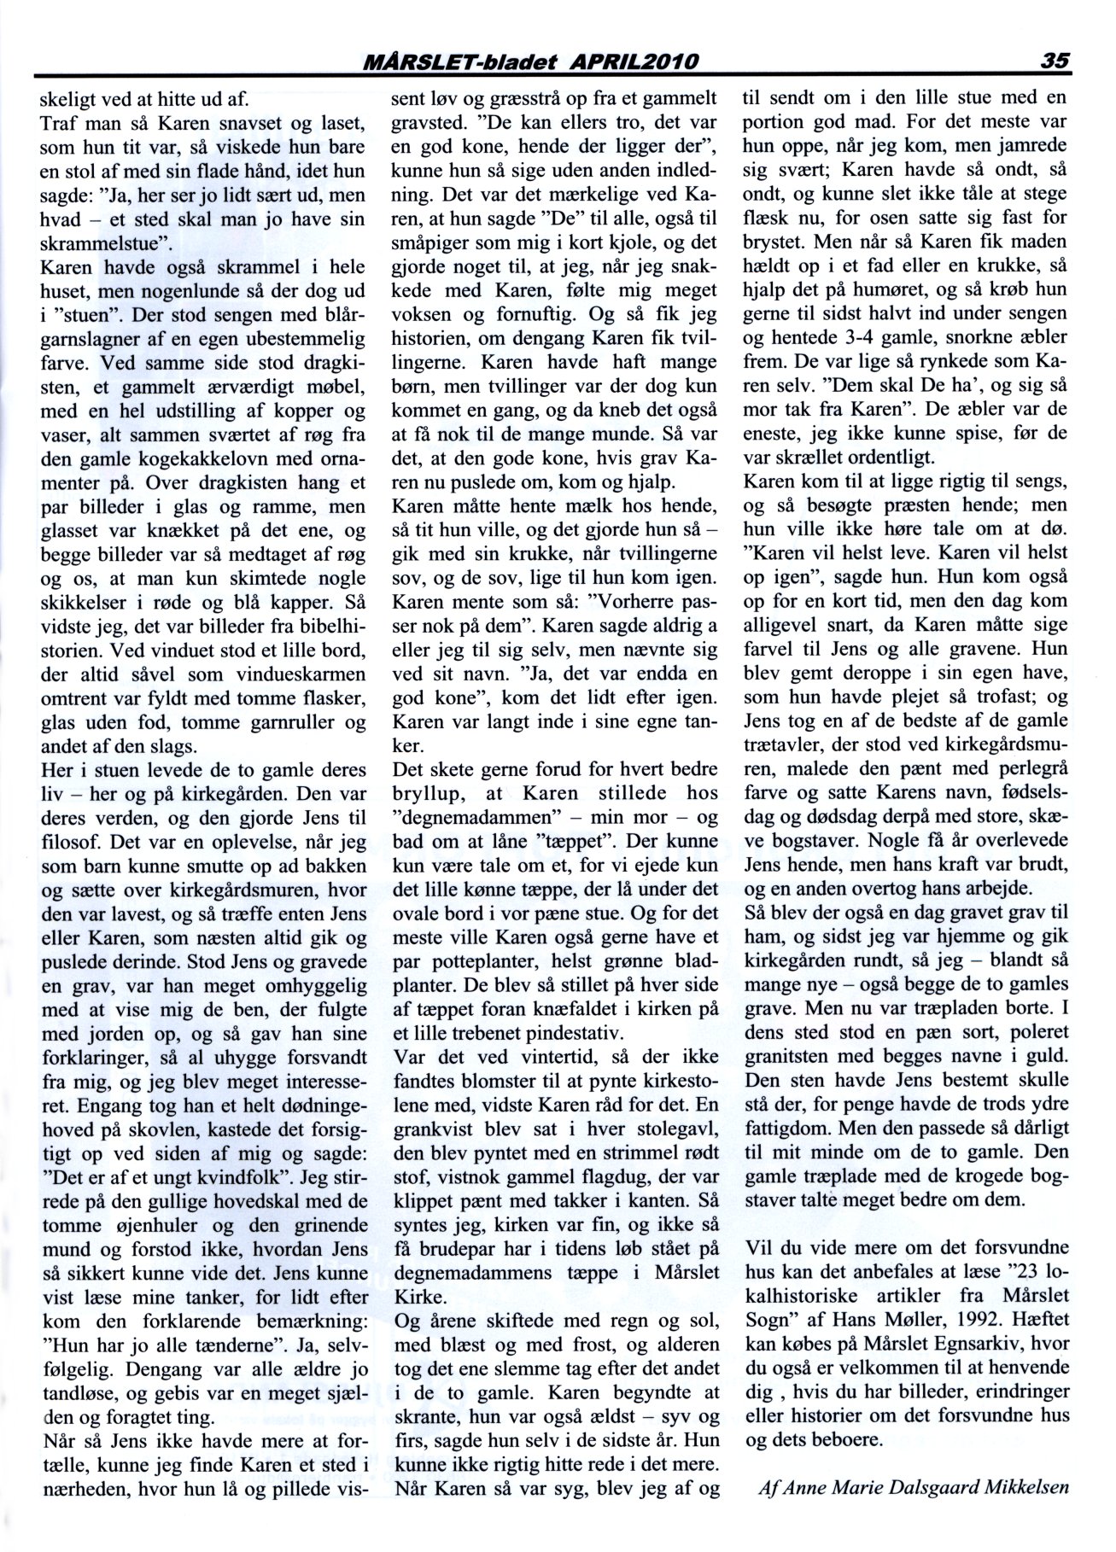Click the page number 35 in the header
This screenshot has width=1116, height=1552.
coord(1055,61)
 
